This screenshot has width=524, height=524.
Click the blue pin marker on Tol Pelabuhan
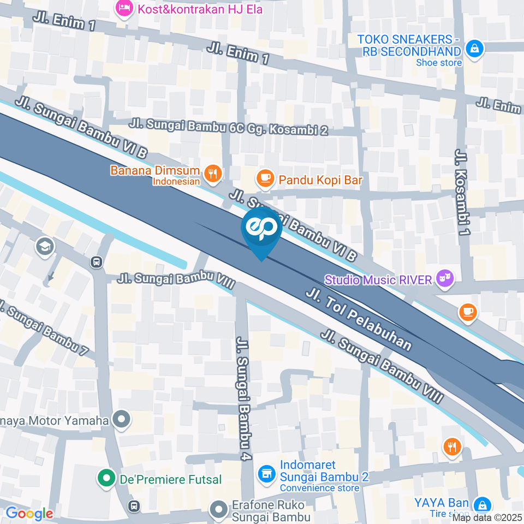click(x=261, y=230)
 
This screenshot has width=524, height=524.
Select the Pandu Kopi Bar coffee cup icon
click(x=265, y=178)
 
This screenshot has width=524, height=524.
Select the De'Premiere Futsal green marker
click(x=104, y=479)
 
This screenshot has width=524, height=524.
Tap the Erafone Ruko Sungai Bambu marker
click(x=219, y=510)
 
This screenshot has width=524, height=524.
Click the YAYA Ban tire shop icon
click(x=482, y=504)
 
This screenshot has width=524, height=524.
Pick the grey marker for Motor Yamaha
click(x=120, y=420)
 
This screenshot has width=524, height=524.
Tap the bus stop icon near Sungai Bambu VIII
click(x=97, y=262)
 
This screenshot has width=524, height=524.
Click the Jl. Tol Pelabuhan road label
click(x=358, y=319)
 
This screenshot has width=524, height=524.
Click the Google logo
click(x=29, y=513)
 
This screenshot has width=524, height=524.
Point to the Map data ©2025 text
click(x=491, y=517)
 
